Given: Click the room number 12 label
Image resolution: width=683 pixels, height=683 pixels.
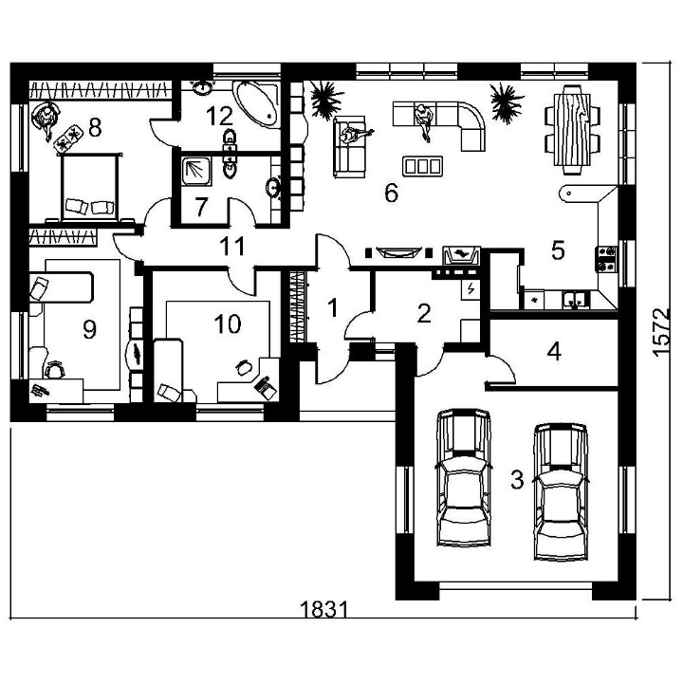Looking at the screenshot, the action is coord(219,117).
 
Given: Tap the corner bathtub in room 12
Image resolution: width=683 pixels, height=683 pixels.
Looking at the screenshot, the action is coord(256,103).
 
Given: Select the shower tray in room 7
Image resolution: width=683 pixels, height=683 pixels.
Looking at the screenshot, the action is coord(196,171).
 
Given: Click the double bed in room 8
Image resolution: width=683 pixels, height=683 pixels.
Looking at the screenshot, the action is coord(90,187).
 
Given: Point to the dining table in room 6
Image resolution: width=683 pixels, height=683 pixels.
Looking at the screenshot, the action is coord(573,130).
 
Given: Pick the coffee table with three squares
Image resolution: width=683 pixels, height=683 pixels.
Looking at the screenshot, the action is coord(422,166).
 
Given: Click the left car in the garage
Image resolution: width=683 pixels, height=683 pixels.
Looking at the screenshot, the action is coord(464,477).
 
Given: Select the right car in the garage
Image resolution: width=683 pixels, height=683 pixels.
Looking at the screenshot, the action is coord(562,491).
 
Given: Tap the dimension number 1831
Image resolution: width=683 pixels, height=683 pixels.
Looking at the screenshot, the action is coord(324,609).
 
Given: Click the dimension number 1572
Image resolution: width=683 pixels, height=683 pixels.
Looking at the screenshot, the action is coord(661,332).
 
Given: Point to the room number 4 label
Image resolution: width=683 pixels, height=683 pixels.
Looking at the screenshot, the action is coord(554,352).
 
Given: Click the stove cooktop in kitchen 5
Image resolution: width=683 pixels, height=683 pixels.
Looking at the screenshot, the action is coord(606,259).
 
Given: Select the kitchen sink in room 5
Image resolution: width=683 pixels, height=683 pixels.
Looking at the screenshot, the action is coord(576,300).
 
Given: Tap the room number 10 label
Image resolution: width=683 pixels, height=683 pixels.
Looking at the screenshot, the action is coord(228,324).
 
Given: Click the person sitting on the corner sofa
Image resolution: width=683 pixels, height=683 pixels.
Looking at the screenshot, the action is coord(423,121).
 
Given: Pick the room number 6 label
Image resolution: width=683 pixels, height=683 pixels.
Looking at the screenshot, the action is coord(391,193).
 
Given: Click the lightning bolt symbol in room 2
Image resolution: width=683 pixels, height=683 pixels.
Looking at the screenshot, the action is coord(471,288).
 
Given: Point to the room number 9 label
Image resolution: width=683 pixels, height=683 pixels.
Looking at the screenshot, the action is coord(90,330).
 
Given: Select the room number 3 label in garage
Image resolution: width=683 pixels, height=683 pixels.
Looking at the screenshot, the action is coord(517,480).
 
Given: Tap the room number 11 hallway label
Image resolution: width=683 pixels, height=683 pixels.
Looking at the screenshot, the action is coord(232,247).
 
